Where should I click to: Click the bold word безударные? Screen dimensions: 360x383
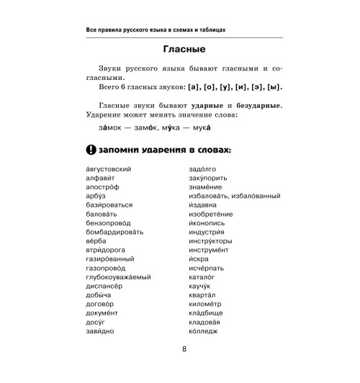pos(255,106)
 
